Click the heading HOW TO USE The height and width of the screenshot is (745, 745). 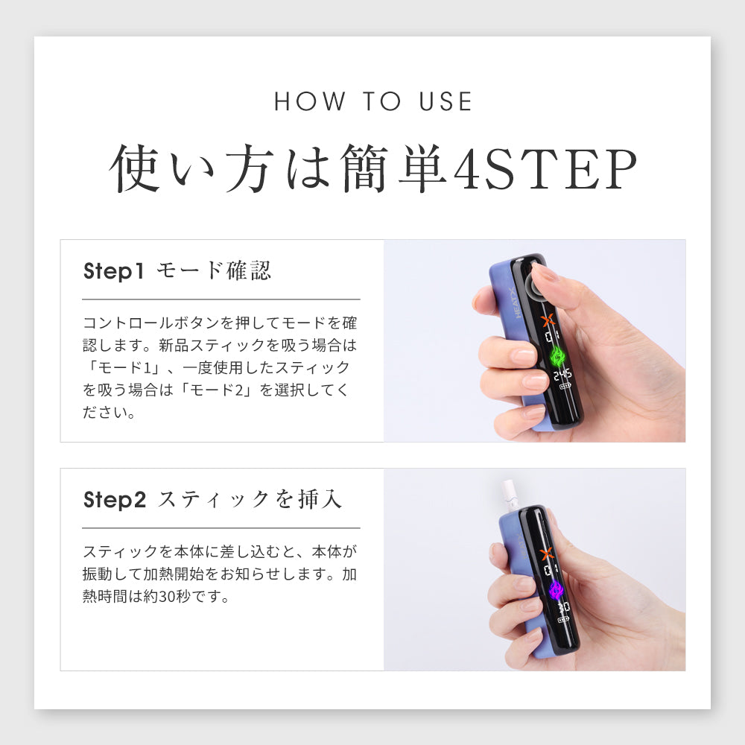point(373,101)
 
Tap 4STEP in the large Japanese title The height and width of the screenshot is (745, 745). point(545,168)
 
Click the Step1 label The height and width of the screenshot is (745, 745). point(113,271)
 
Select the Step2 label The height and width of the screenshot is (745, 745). point(115,500)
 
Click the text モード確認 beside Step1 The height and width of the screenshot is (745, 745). point(214,270)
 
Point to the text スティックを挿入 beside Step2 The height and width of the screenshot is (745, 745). point(250,499)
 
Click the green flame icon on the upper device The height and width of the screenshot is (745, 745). point(557,356)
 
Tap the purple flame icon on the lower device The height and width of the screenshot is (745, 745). point(554,591)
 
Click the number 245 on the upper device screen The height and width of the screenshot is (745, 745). point(562,375)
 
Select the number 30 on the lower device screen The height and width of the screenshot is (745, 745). point(563,607)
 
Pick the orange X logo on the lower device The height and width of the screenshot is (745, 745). point(548,553)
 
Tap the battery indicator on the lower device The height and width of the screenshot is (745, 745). point(563,620)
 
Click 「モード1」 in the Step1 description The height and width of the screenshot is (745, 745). point(125,367)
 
